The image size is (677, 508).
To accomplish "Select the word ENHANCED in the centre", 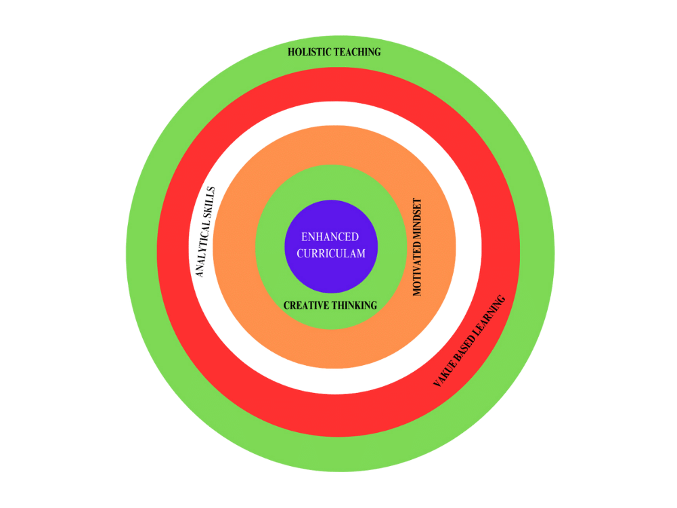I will pos(330,237).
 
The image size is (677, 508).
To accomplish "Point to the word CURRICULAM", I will pos(330,253).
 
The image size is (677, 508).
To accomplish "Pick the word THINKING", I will pos(355,305).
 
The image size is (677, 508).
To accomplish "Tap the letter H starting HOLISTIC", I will pos(291,52).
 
